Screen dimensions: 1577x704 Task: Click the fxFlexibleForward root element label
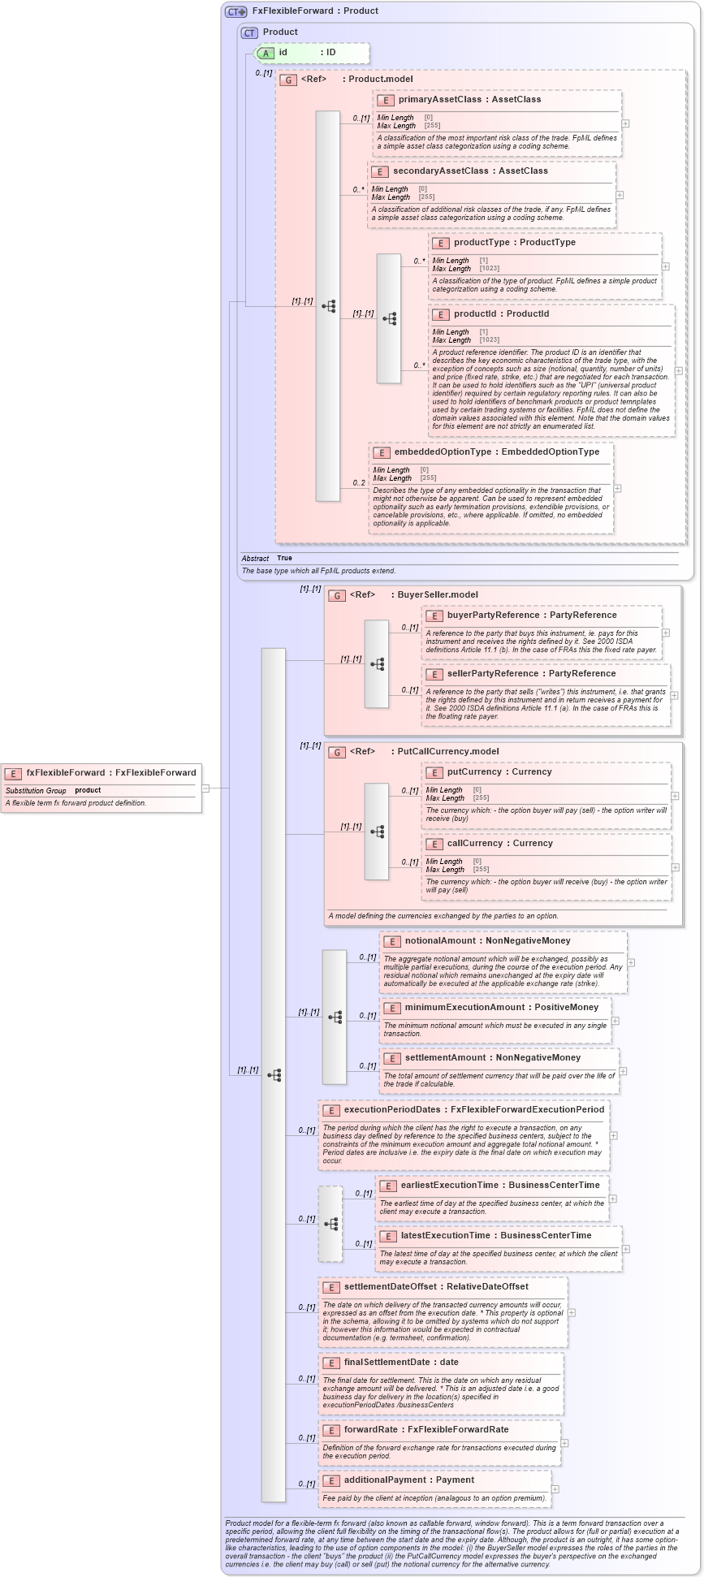(65, 772)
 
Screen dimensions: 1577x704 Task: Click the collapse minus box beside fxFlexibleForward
(205, 788)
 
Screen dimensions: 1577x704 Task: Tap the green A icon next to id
(266, 53)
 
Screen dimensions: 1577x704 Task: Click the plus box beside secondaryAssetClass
(620, 195)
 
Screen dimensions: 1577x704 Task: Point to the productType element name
(482, 242)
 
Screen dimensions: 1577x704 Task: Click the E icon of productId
(440, 314)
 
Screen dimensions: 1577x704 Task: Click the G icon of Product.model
(287, 80)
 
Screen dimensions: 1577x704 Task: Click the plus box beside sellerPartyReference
(674, 695)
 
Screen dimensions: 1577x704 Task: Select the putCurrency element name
(474, 771)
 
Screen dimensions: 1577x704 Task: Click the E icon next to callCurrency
(434, 844)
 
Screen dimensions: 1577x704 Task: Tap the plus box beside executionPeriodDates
(613, 1135)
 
